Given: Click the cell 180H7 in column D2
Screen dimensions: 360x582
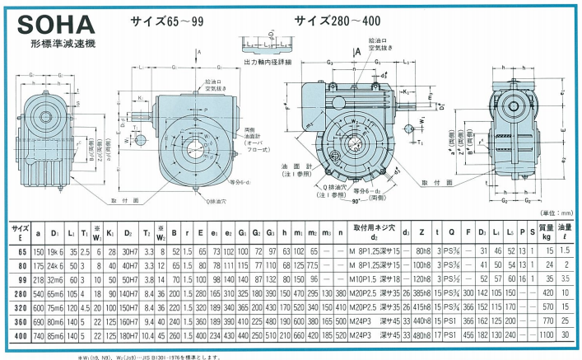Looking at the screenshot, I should [x=130, y=336].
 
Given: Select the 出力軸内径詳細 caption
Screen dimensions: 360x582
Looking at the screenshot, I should [x=268, y=62].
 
